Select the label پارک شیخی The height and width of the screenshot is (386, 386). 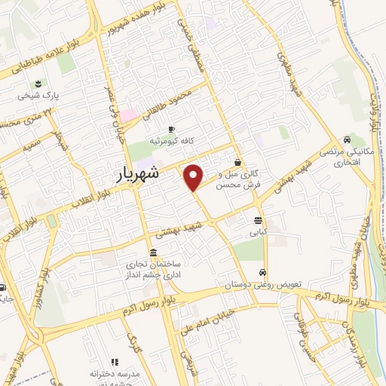(x=39, y=96)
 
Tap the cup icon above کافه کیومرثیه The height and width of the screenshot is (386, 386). (x=171, y=129)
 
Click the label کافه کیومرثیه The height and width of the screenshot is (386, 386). (x=171, y=141)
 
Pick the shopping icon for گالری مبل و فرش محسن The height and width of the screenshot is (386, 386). (x=238, y=161)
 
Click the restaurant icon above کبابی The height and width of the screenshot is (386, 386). (x=259, y=221)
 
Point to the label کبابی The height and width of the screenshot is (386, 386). (x=259, y=233)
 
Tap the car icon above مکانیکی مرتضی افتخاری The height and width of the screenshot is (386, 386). (x=345, y=139)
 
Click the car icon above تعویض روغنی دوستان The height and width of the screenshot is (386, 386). (x=262, y=272)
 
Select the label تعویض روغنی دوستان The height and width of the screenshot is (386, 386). (x=262, y=285)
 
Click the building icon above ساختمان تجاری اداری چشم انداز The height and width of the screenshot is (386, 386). (x=154, y=253)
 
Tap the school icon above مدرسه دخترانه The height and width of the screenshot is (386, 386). (x=115, y=362)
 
